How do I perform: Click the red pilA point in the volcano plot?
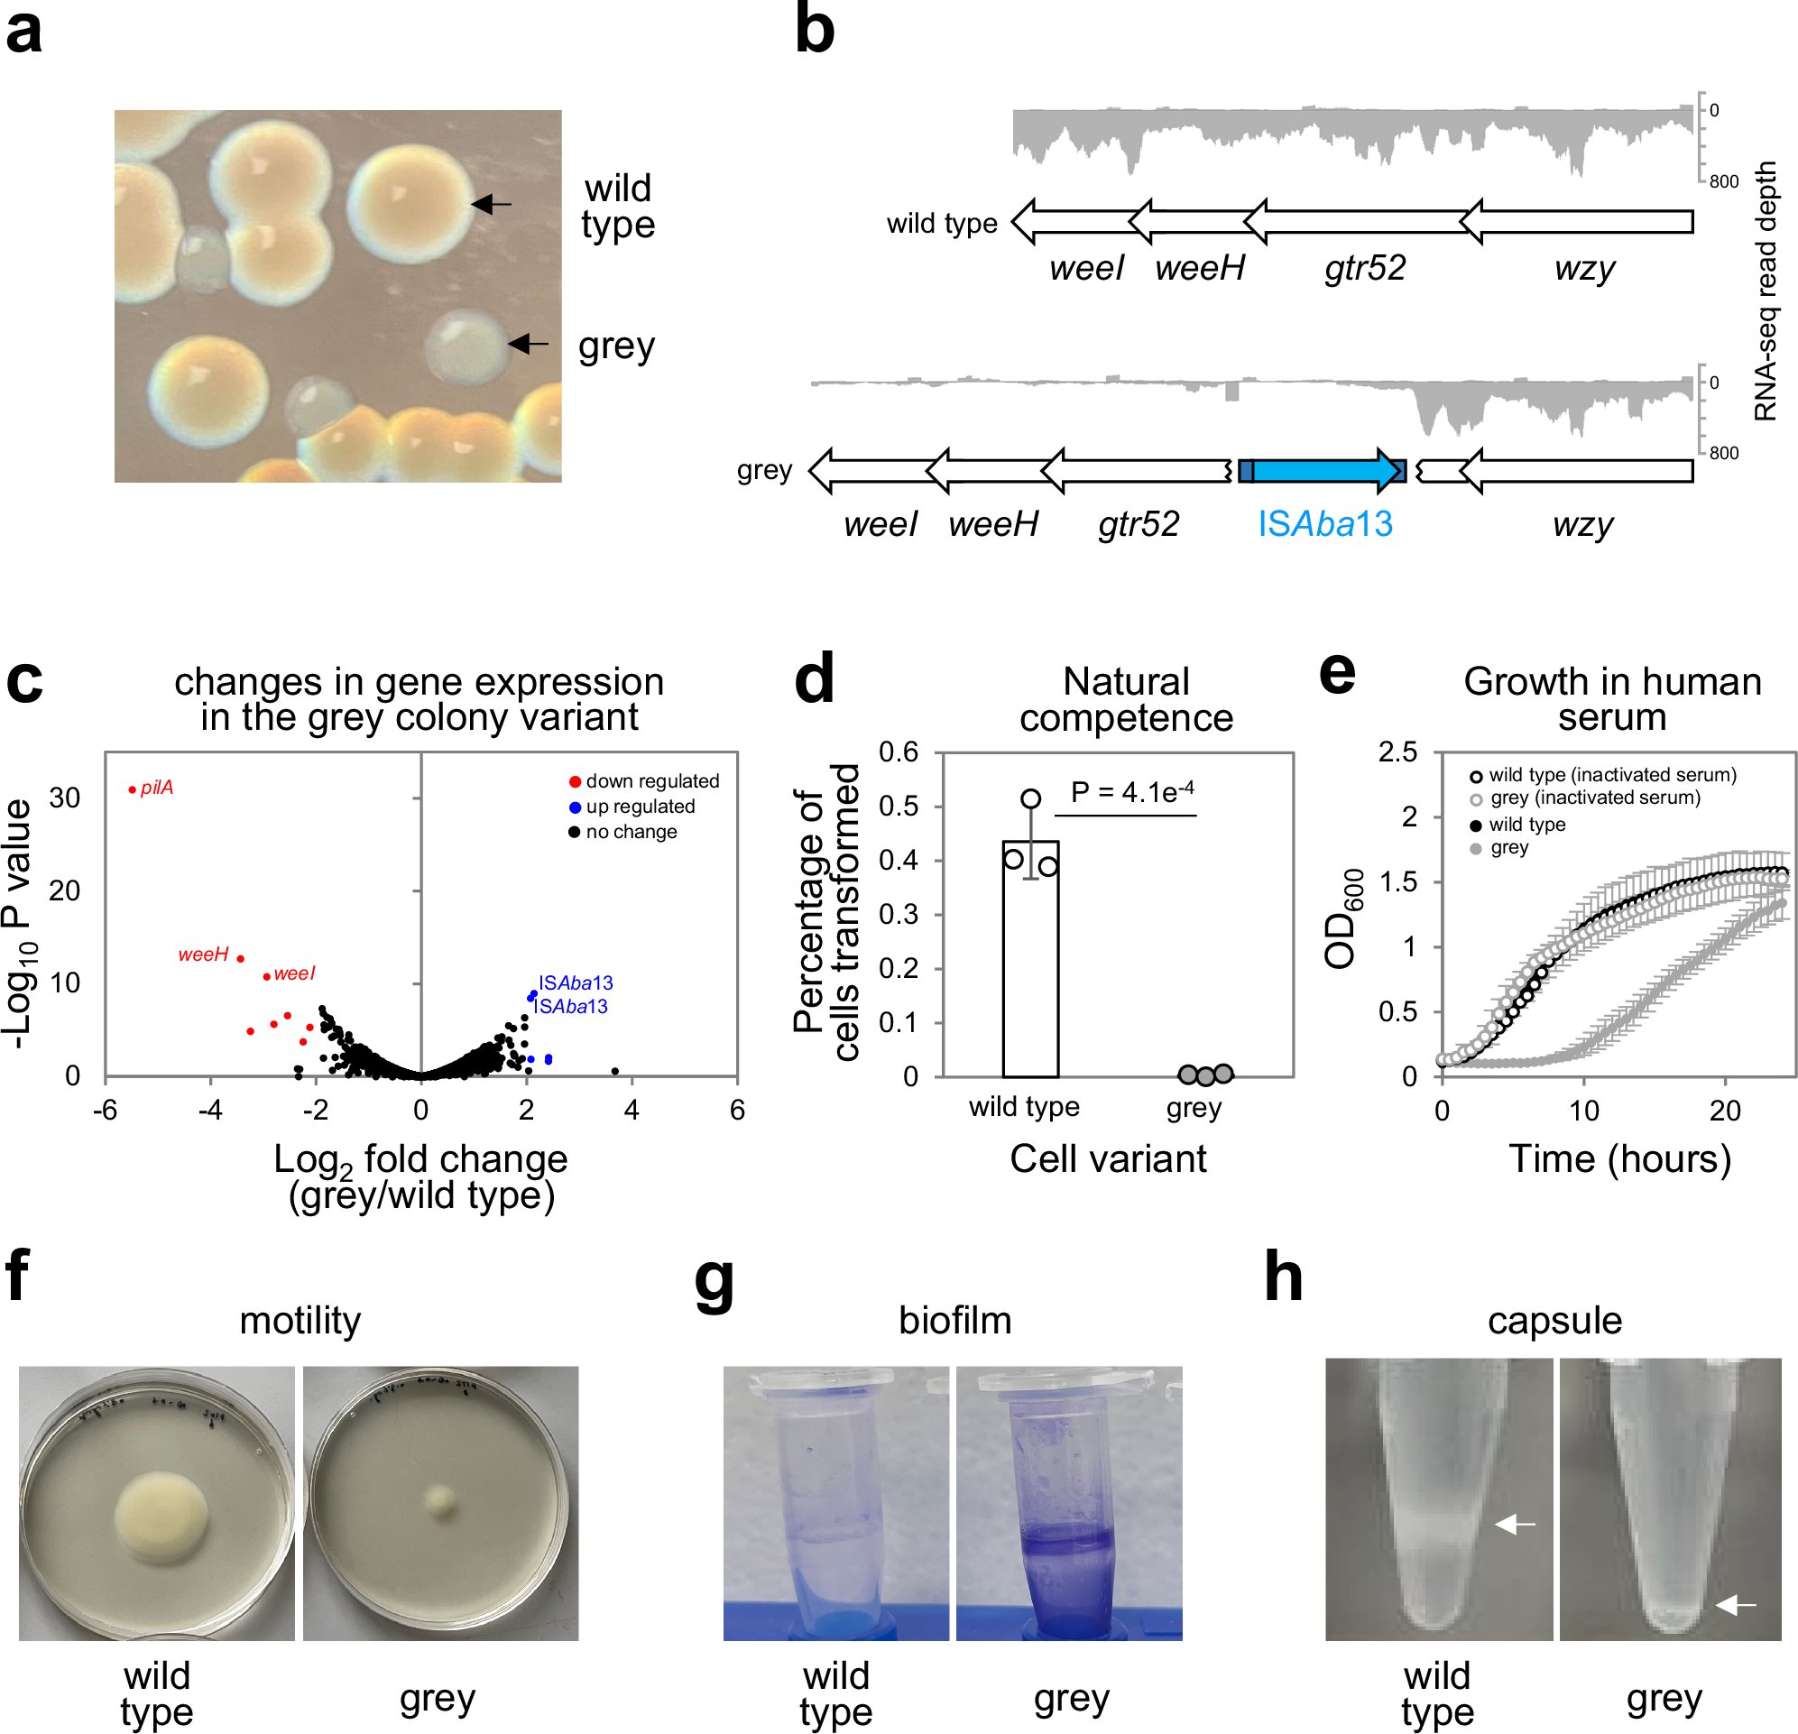pos(132,789)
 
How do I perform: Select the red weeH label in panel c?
pos(203,955)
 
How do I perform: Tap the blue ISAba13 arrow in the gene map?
pos(1321,471)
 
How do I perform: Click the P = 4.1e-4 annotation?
pos(1132,792)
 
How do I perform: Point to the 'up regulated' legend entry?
pos(640,807)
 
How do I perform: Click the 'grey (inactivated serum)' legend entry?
pos(1594,798)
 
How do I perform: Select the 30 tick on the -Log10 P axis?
pos(64,798)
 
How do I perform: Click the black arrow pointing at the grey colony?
pos(529,344)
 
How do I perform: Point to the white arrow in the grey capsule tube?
pos(1736,1606)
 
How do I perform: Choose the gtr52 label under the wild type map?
pos(1365,268)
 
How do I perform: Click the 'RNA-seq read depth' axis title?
pos(1766,291)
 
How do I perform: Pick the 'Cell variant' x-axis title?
pos(1108,1158)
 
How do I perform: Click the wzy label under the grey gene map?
pos(1582,524)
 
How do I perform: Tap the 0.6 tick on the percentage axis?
pos(898,752)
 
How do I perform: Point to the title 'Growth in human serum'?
pos(1612,699)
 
